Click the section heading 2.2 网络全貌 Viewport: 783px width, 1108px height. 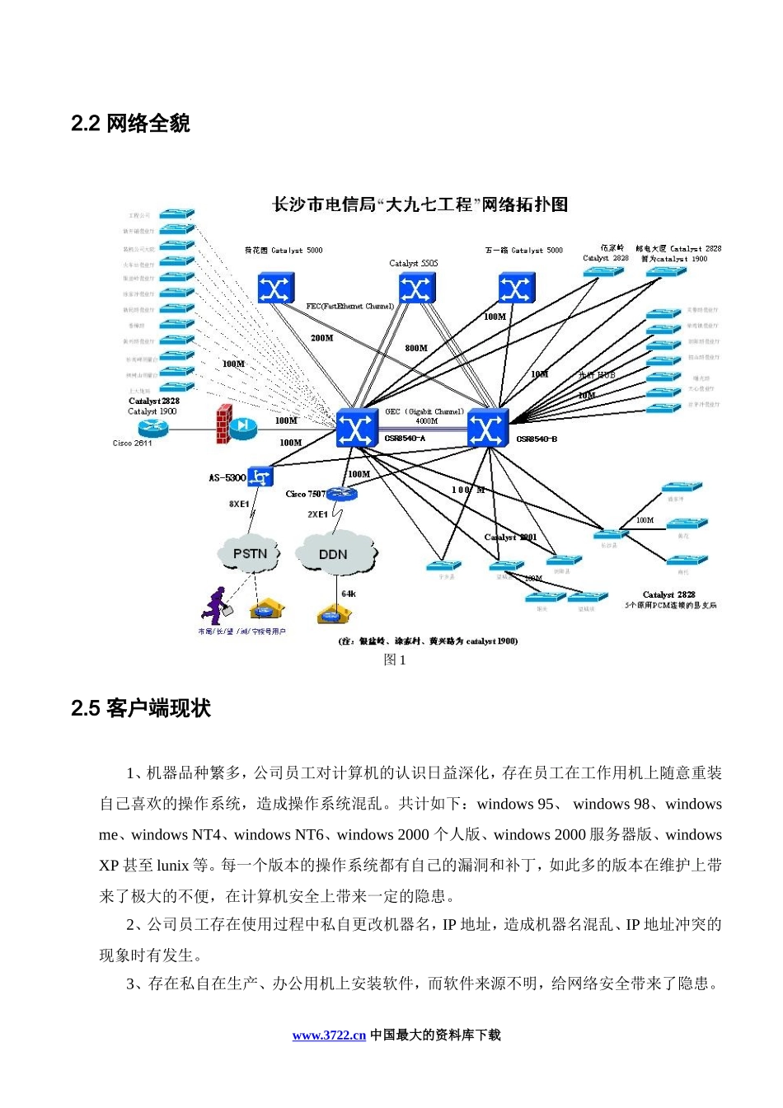pyautogui.click(x=130, y=124)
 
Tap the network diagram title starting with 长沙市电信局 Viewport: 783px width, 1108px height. pyautogui.click(x=420, y=204)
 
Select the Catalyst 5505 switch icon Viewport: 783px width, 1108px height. pyautogui.click(x=416, y=289)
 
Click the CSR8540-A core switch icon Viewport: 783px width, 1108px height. pyautogui.click(x=358, y=429)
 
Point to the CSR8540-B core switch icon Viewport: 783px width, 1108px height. pyautogui.click(x=488, y=429)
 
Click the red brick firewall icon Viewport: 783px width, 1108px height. pyautogui.click(x=222, y=425)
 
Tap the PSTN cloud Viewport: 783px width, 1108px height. pyautogui.click(x=250, y=554)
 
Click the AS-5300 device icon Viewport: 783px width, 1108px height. pyautogui.click(x=260, y=477)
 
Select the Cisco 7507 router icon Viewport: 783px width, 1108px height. pyautogui.click(x=342, y=494)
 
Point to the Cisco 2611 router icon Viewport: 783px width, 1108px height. pyautogui.click(x=152, y=427)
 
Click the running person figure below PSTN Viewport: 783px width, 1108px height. pyautogui.click(x=213, y=605)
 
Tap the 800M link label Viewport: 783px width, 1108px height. pyautogui.click(x=416, y=348)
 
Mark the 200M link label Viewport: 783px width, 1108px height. pyautogui.click(x=321, y=338)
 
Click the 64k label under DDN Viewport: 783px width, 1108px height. pyautogui.click(x=349, y=594)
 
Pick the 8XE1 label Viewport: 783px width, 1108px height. pyautogui.click(x=239, y=504)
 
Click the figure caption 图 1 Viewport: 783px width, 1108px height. pyautogui.click(x=395, y=660)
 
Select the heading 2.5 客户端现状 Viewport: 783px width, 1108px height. pyautogui.click(x=141, y=709)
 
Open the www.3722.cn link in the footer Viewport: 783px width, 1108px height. pyautogui.click(x=329, y=1035)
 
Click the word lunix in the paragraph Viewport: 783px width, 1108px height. pyautogui.click(x=173, y=866)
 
